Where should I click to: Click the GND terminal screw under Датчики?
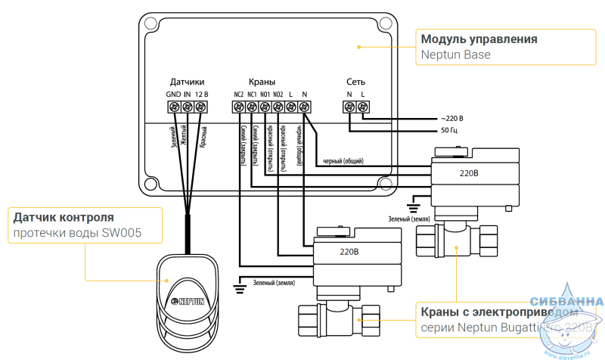point(174,108)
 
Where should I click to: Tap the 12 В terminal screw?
point(200,108)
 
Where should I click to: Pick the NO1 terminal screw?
point(265,108)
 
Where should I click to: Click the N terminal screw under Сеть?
point(350,108)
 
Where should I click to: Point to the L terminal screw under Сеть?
point(364,108)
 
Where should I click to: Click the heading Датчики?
point(187,82)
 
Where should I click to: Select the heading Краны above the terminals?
point(262,82)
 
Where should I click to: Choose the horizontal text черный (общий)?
point(343,161)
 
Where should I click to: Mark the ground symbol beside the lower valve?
point(240,284)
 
